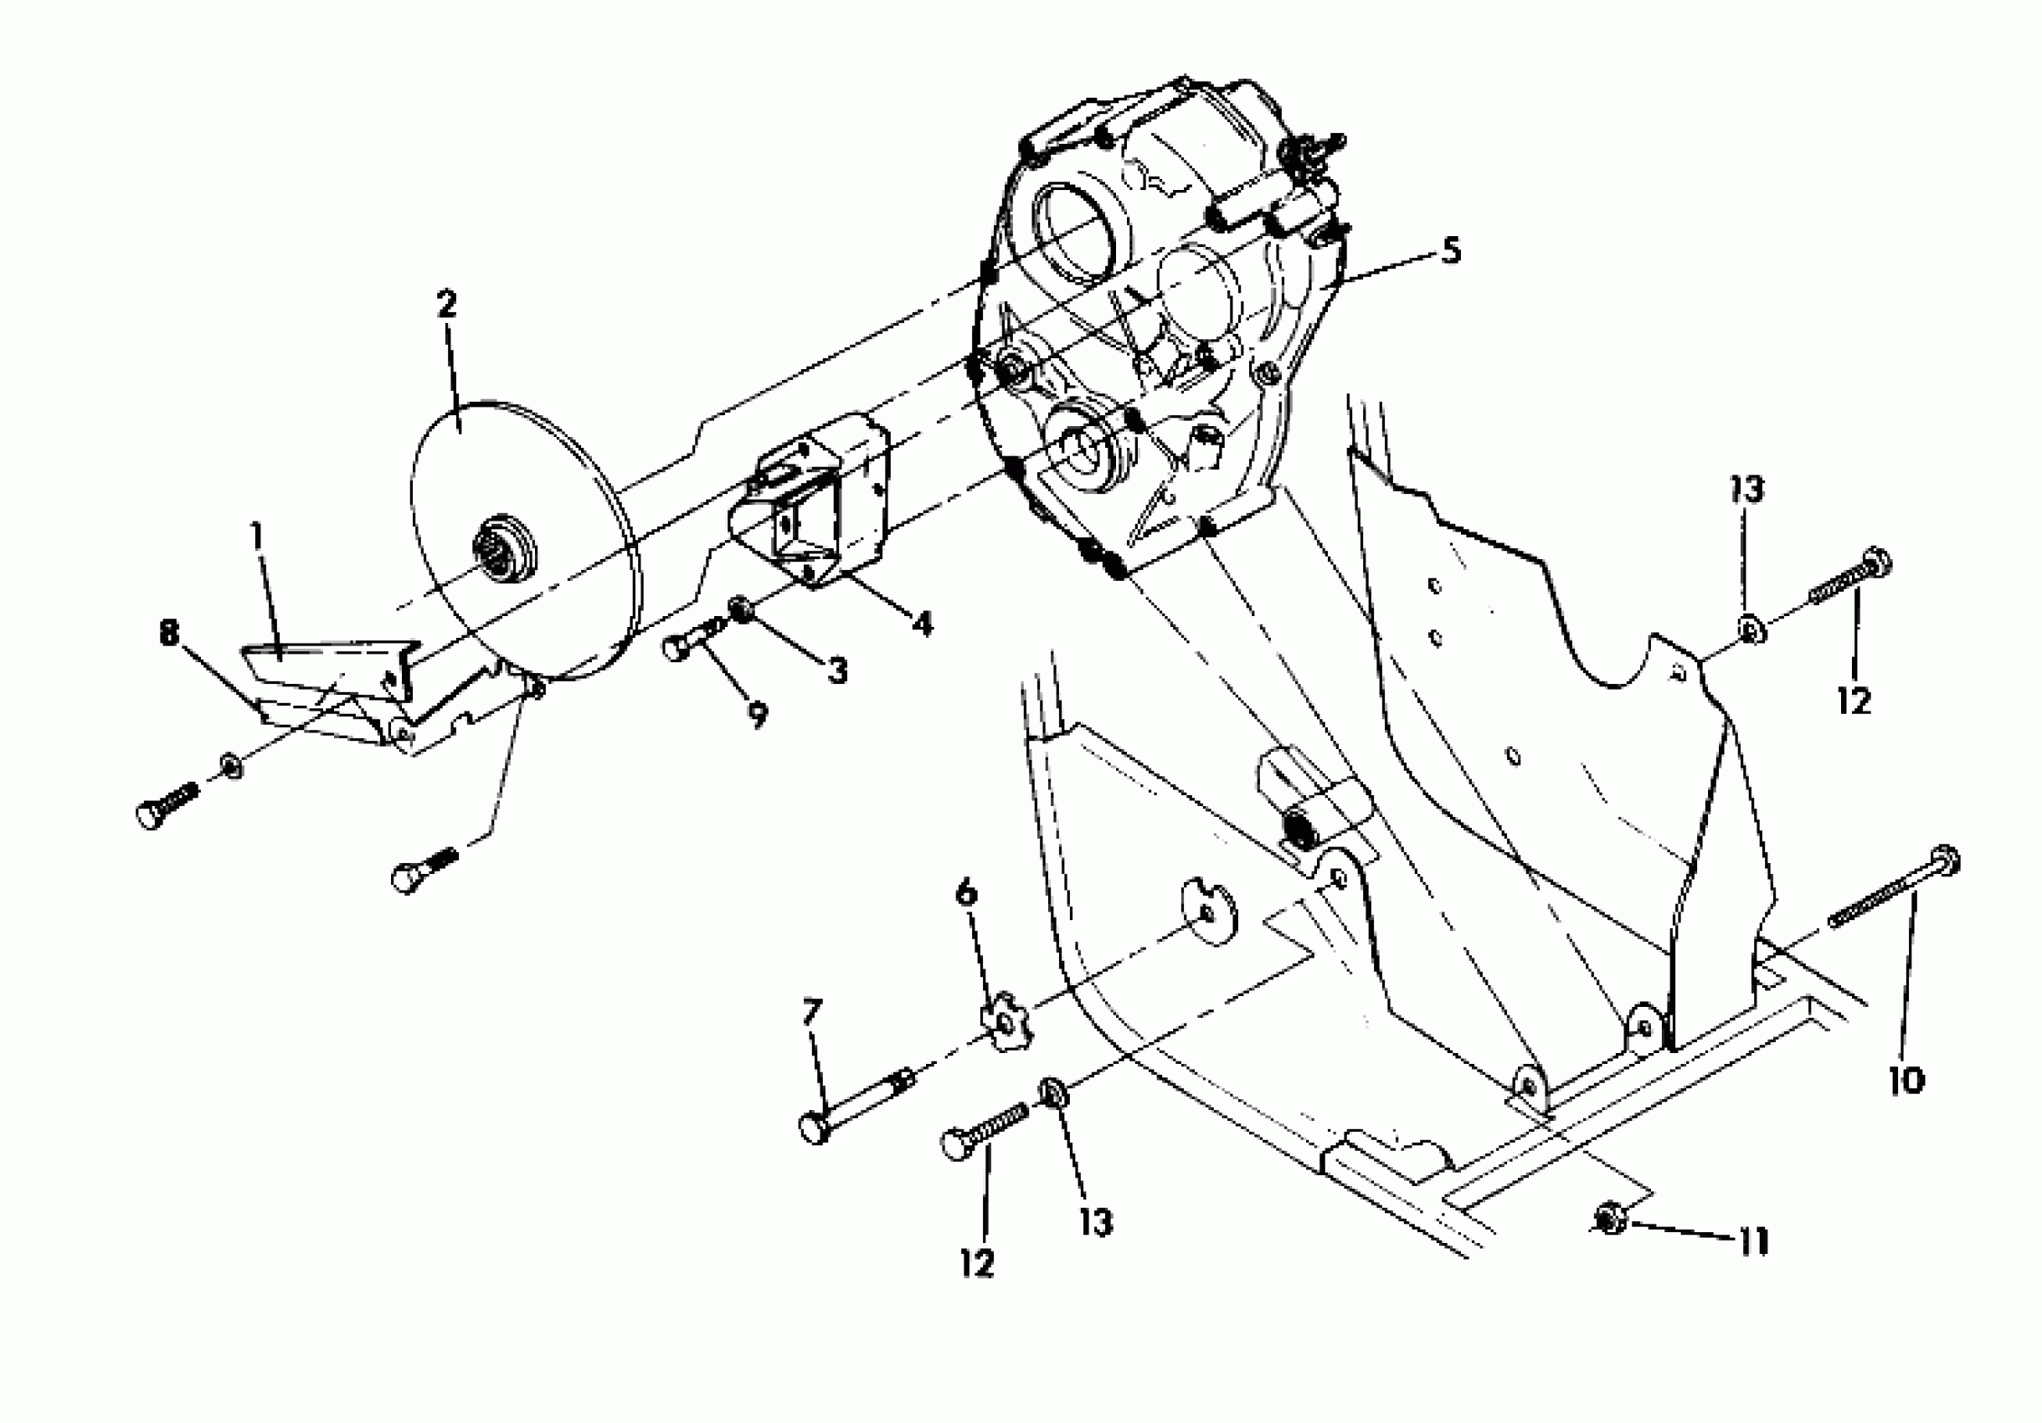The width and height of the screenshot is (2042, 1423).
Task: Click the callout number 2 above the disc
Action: tap(446, 304)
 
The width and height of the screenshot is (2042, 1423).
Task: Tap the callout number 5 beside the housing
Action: tap(1451, 252)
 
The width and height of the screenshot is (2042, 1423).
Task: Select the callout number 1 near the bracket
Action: tap(257, 537)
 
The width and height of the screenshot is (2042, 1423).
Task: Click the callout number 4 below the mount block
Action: tap(923, 624)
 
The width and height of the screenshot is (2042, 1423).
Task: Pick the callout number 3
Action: tap(837, 671)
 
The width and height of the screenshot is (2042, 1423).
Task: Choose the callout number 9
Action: tap(757, 715)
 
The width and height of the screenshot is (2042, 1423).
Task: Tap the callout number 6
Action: tap(966, 893)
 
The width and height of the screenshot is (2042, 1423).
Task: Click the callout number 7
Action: tap(812, 1013)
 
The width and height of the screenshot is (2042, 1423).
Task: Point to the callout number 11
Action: tap(1753, 1241)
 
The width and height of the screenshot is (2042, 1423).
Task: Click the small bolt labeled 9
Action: tap(692, 642)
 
